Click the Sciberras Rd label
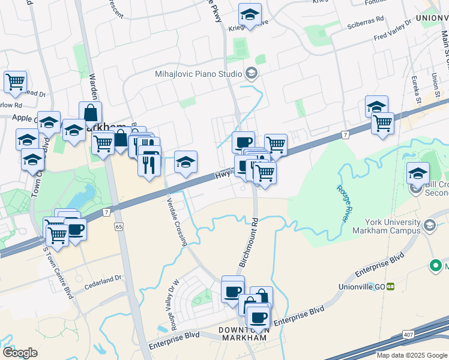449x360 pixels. click(365, 20)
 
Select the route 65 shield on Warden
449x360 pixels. click(118, 227)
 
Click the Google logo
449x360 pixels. click(20, 352)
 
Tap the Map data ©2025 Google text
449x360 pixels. click(411, 355)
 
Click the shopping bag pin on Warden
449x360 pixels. click(90, 112)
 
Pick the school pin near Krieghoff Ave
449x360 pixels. click(250, 14)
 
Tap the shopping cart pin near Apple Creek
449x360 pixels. click(15, 82)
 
